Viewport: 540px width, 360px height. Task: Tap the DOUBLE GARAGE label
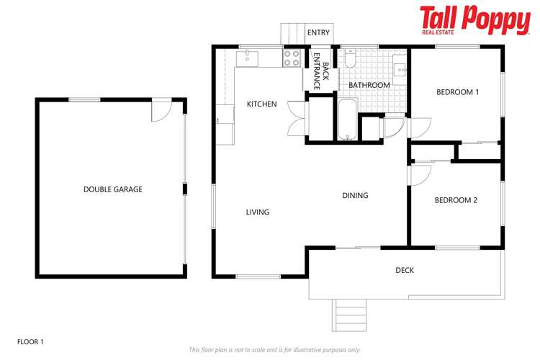point(112,189)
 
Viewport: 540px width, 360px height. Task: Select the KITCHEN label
point(261,104)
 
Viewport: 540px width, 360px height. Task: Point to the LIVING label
point(257,212)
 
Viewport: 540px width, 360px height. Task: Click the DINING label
point(355,195)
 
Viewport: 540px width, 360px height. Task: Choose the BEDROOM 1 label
point(457,92)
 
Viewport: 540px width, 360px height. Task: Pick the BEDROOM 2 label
point(456,200)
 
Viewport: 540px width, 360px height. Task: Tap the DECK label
point(405,271)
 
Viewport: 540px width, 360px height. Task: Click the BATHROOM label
point(369,85)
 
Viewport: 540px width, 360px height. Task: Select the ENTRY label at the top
point(318,33)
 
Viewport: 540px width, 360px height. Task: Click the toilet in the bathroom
point(351,59)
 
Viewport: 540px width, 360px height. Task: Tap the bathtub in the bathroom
point(347,120)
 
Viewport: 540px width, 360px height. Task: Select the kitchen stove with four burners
point(292,58)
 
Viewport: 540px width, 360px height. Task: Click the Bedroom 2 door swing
point(420,176)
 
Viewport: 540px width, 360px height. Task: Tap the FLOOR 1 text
point(30,341)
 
